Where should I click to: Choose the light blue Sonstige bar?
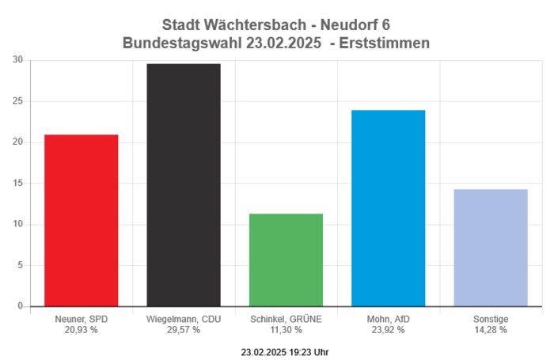click(x=491, y=247)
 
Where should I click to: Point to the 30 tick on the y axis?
click(x=17, y=60)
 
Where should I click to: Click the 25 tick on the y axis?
click(x=17, y=101)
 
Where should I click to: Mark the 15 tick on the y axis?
click(x=17, y=183)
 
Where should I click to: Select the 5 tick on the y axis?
click(x=20, y=265)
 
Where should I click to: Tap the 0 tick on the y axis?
click(x=20, y=306)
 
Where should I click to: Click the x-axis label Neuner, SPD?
click(x=81, y=319)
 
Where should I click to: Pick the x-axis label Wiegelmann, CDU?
click(x=184, y=319)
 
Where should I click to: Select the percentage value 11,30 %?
click(x=286, y=329)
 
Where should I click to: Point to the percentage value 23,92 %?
click(x=389, y=329)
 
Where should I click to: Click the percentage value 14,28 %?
click(x=491, y=329)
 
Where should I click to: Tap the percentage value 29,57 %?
click(x=184, y=329)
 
